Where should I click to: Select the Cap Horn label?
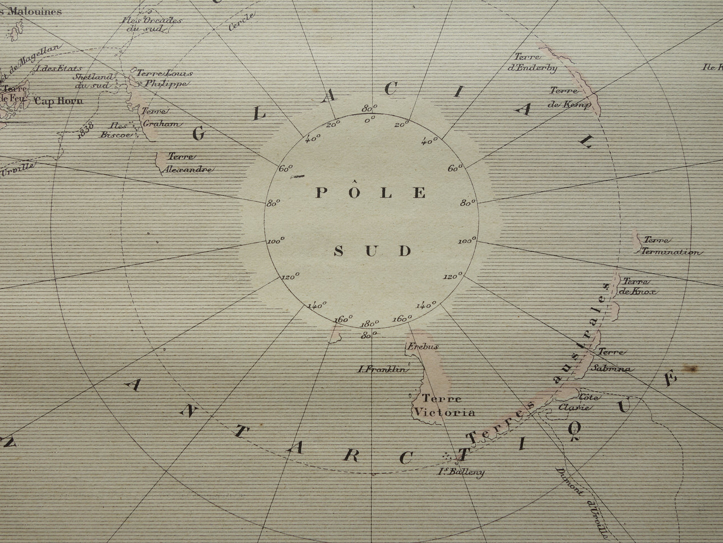pyautogui.click(x=59, y=100)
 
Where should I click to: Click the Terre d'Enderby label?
pyautogui.click(x=534, y=64)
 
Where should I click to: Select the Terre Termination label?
pyautogui.click(x=670, y=246)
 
